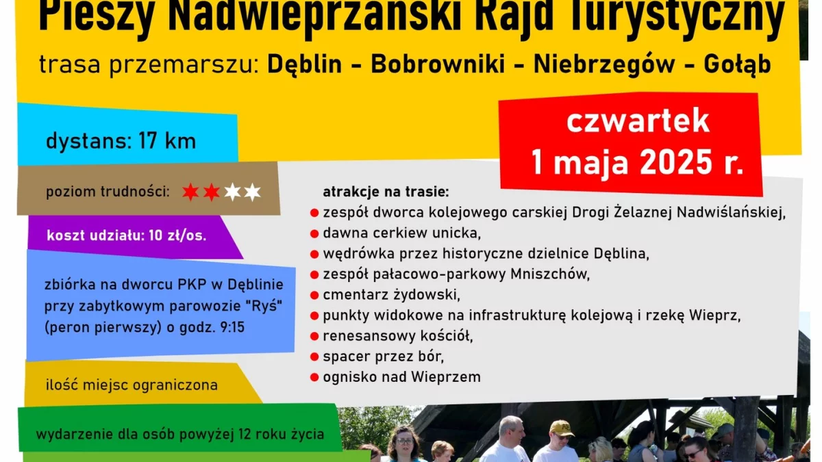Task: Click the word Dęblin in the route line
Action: coord(305,64)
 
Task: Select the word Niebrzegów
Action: coord(604,65)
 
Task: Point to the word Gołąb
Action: coord(738,65)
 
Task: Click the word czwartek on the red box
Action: coord(638,121)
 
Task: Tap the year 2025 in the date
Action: coord(676,162)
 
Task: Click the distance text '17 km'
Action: coord(167,141)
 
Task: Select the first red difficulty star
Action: coord(190,192)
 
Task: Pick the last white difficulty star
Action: coord(252,192)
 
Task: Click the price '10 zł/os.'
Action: coord(177,235)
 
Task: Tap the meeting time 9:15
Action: coord(232,327)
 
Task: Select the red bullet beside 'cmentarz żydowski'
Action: coord(314,295)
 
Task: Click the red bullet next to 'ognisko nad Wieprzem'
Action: coord(314,377)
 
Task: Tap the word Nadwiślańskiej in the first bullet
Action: coord(731,212)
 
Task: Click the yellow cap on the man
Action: coord(562,428)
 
